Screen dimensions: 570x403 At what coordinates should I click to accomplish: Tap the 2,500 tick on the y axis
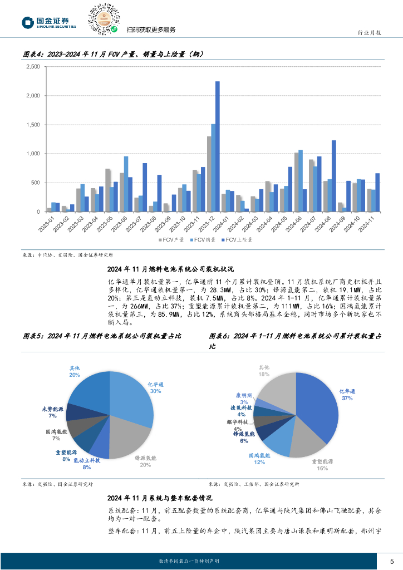tap(33, 67)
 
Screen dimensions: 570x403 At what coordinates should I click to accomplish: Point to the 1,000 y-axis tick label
tap(33, 154)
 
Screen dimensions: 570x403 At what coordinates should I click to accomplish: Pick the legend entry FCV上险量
tap(238, 240)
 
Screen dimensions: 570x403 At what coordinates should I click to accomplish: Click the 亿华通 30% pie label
tap(155, 387)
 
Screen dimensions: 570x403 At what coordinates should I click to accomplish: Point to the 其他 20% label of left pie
tap(75, 371)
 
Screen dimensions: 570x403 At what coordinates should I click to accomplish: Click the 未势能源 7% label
tap(53, 412)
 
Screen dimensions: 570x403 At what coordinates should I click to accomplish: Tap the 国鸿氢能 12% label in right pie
tap(259, 459)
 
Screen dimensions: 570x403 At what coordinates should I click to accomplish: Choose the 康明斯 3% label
tap(244, 399)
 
